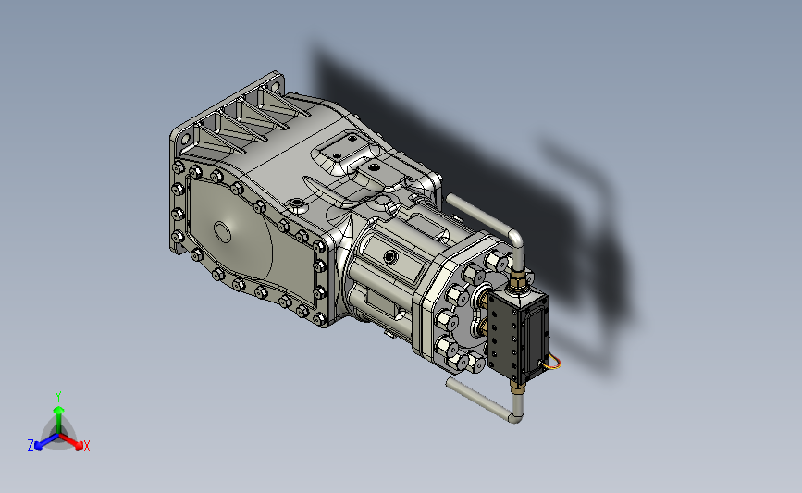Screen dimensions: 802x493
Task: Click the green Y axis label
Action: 58,397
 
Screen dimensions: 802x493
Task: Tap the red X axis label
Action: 86,446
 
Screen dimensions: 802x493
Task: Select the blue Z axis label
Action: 31,446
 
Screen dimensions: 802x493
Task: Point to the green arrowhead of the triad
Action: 59,410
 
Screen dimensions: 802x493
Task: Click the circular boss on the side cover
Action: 222,231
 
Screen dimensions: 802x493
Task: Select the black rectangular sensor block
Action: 517,337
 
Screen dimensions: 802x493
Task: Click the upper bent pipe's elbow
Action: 516,238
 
